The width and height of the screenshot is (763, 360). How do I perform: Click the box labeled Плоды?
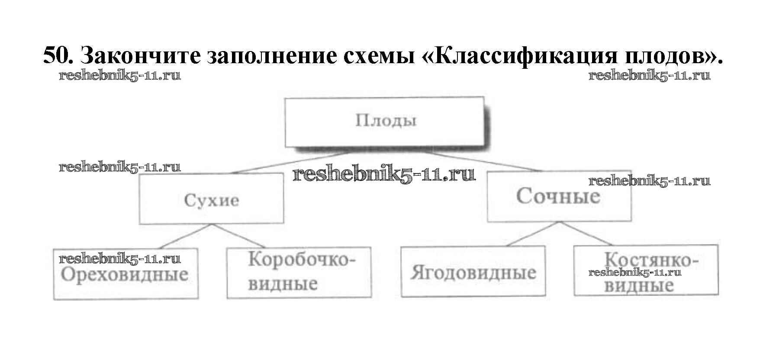pyautogui.click(x=384, y=121)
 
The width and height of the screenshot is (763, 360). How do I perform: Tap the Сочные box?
pyautogui.click(x=558, y=197)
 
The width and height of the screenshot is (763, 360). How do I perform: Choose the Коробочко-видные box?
pyautogui.click(x=299, y=273)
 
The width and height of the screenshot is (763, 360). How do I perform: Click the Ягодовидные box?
pyautogui.click(x=473, y=272)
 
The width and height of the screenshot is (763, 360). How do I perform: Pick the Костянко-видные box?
pyautogui.click(x=646, y=270)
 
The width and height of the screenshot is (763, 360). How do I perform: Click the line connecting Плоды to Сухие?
pyautogui.click(x=290, y=163)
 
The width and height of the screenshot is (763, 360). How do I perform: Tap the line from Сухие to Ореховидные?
pyautogui.click(x=186, y=236)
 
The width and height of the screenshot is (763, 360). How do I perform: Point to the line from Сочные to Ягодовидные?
pyautogui.click(x=532, y=234)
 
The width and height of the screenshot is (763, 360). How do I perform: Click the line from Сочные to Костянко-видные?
pyautogui.click(x=585, y=234)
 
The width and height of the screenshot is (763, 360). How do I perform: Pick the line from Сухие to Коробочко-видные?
pyautogui.click(x=241, y=236)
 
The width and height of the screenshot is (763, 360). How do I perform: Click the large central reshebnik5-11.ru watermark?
pyautogui.click(x=384, y=175)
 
